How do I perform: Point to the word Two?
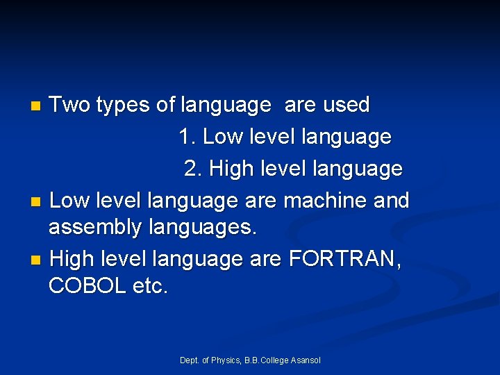[71, 105]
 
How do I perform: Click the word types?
[124, 106]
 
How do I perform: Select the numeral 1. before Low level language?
[187, 137]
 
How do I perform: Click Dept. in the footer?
[190, 360]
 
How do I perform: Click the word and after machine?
[391, 201]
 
